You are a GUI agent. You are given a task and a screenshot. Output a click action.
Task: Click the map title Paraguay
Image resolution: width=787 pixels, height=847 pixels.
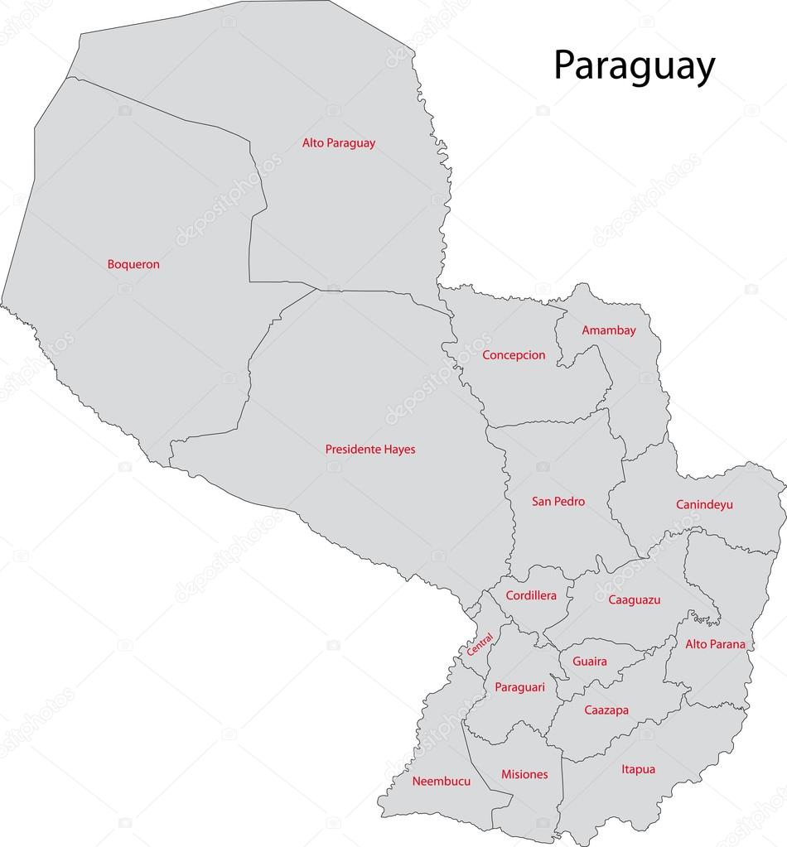tap(634, 67)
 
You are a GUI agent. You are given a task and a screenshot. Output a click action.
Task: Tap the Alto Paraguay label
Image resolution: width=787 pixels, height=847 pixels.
tap(338, 143)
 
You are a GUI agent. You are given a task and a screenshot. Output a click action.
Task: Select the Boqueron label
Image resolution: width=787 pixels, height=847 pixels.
tap(133, 265)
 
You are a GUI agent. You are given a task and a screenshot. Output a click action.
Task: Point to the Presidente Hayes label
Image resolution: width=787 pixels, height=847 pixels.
tap(370, 450)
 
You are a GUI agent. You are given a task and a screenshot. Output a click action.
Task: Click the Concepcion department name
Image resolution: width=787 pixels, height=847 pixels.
tap(514, 355)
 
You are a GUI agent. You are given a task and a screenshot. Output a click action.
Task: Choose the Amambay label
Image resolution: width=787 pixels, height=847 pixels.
tap(609, 330)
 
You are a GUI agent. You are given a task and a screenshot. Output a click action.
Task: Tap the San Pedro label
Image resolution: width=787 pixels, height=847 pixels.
tap(558, 502)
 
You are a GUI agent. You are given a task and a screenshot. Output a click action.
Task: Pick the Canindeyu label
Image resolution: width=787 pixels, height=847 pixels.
tap(704, 504)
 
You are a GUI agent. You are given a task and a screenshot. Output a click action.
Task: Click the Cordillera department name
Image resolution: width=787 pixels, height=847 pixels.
tap(531, 595)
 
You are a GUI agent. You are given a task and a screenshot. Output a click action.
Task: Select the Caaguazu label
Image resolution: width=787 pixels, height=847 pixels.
tap(634, 600)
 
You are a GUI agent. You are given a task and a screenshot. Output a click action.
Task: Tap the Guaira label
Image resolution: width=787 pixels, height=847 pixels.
tap(589, 662)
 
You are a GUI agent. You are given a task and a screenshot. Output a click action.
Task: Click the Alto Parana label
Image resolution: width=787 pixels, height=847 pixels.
tap(715, 644)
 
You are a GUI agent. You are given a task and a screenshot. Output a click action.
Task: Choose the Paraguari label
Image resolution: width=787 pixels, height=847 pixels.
tap(520, 687)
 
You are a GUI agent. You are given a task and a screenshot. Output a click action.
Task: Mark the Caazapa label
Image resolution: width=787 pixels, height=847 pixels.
tap(606, 710)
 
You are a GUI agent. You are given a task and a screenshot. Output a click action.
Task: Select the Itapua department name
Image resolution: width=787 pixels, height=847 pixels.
tap(638, 769)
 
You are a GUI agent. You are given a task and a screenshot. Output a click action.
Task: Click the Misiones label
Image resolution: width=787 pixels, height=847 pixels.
tap(524, 775)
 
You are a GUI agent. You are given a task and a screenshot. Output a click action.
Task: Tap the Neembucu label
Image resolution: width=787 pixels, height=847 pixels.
tap(442, 781)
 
